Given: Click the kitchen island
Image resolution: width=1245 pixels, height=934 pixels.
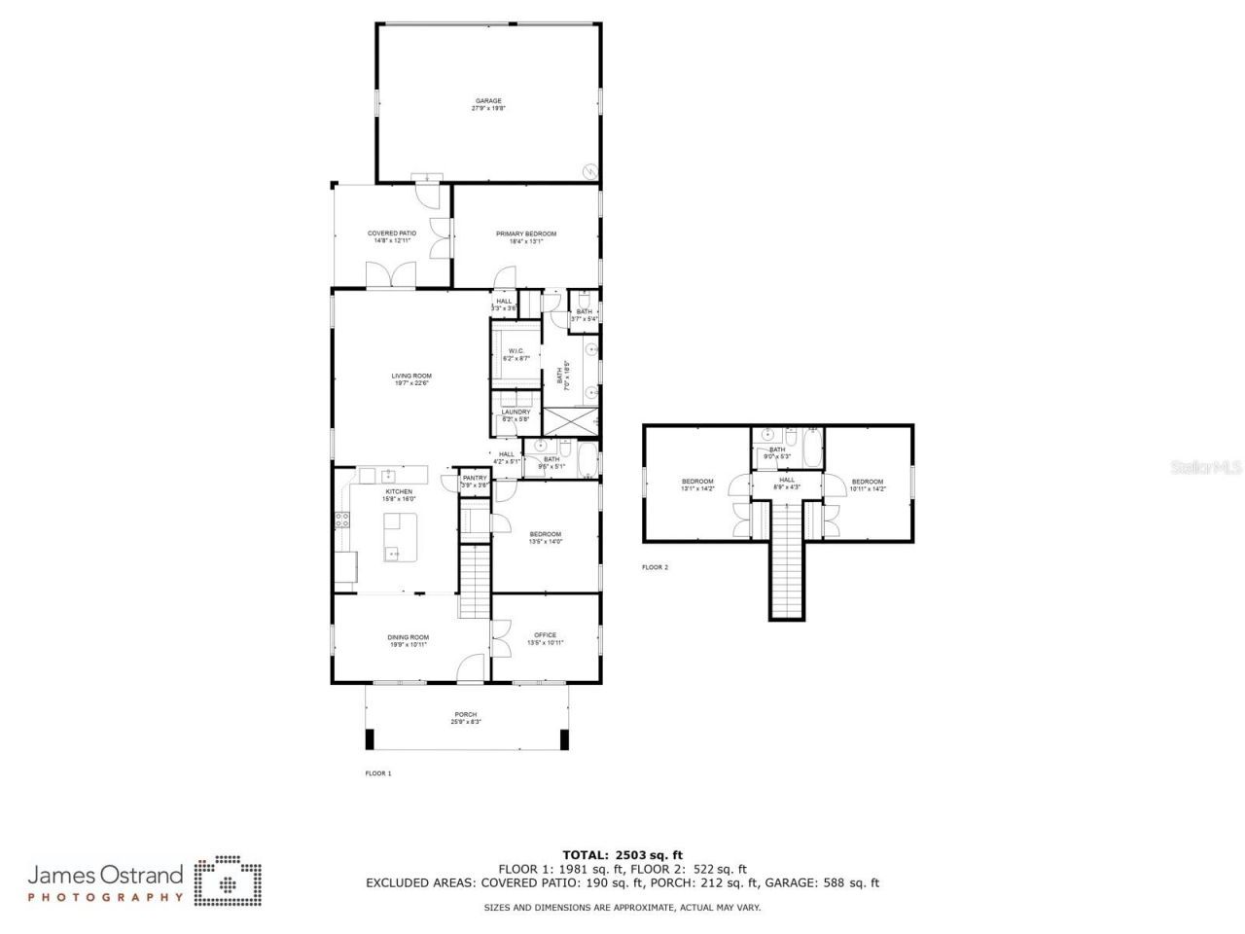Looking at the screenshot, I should (x=401, y=537).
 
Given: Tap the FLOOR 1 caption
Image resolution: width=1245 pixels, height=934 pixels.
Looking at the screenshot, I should (x=377, y=773).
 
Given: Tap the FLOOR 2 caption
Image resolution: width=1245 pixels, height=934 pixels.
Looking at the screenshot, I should (x=655, y=567).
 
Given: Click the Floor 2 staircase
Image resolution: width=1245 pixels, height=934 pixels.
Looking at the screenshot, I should (x=789, y=564).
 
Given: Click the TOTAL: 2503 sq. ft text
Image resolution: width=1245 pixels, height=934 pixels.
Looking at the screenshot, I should (x=622, y=855).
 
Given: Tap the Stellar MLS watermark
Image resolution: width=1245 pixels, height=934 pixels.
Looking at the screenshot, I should (x=1206, y=467).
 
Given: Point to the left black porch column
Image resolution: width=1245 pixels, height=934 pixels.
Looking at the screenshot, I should (x=369, y=739).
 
